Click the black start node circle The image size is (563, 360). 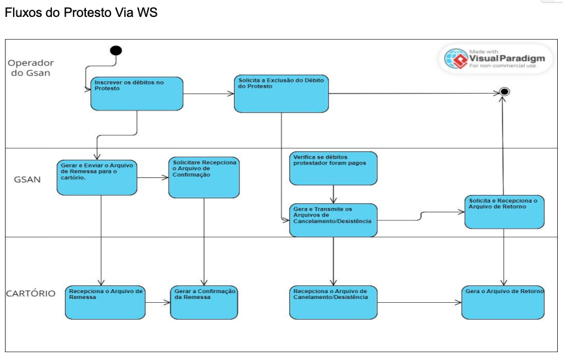point(116,51)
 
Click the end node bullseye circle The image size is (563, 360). point(504,93)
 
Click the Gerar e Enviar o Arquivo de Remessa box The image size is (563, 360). point(97,175)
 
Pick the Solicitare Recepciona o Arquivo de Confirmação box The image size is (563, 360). point(203,176)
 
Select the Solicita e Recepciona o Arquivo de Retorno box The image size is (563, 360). point(504,211)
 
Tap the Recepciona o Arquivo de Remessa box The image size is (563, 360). point(104,302)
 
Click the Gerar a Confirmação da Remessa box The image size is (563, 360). point(203,302)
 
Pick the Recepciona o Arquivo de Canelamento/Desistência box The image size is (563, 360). point(334,302)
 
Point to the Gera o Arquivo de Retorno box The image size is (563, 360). point(503,302)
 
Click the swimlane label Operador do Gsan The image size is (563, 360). point(31,68)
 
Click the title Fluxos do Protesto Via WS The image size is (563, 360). point(81,12)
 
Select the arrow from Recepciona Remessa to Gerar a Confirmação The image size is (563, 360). point(157,302)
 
